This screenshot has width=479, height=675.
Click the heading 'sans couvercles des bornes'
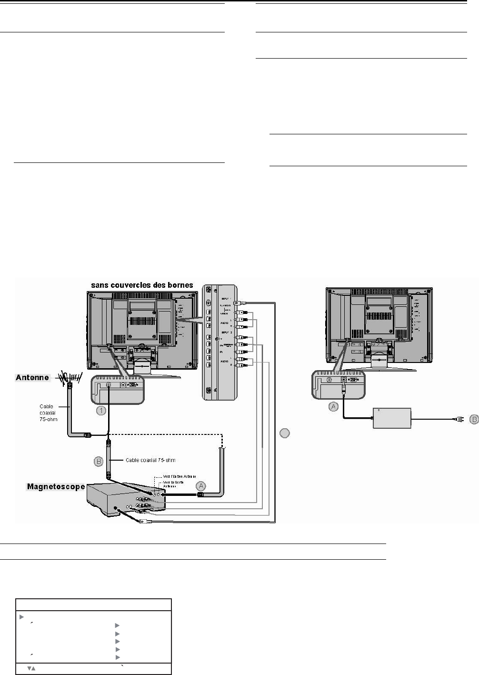[142, 285]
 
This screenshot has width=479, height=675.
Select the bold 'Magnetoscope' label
[56, 486]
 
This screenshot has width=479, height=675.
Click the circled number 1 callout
[101, 410]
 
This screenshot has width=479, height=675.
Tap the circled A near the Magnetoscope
[201, 485]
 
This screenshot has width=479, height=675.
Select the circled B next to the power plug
[473, 419]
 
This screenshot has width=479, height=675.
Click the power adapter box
[392, 418]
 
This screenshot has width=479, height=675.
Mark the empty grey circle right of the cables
[284, 433]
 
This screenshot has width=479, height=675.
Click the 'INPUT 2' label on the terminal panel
[227, 332]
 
